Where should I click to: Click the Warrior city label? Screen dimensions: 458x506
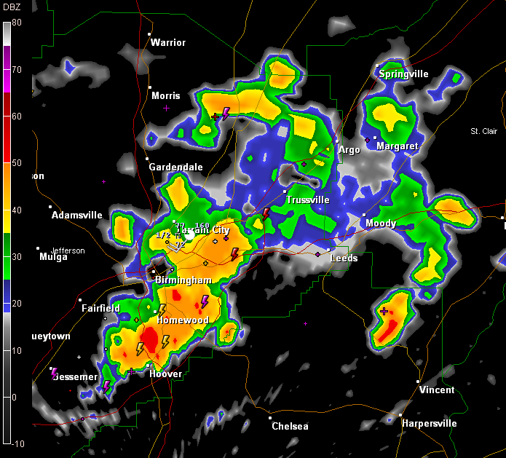tap(168, 42)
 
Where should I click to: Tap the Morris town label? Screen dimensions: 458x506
tap(165, 96)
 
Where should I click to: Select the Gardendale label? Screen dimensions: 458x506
tap(175, 167)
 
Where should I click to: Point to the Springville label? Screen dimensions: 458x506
tap(403, 74)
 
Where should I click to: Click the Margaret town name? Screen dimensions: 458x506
tap(398, 146)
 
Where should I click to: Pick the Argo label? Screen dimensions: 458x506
tap(349, 150)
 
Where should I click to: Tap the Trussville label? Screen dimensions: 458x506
tap(307, 200)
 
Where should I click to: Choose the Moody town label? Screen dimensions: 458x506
tap(381, 224)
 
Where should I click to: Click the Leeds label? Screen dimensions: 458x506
tap(344, 258)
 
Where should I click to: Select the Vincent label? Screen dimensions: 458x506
tap(437, 390)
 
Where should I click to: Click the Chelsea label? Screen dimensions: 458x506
tap(290, 426)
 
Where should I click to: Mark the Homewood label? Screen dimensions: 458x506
tap(183, 320)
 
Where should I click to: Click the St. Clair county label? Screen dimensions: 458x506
tap(484, 131)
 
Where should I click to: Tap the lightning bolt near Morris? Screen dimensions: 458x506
tap(226, 113)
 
